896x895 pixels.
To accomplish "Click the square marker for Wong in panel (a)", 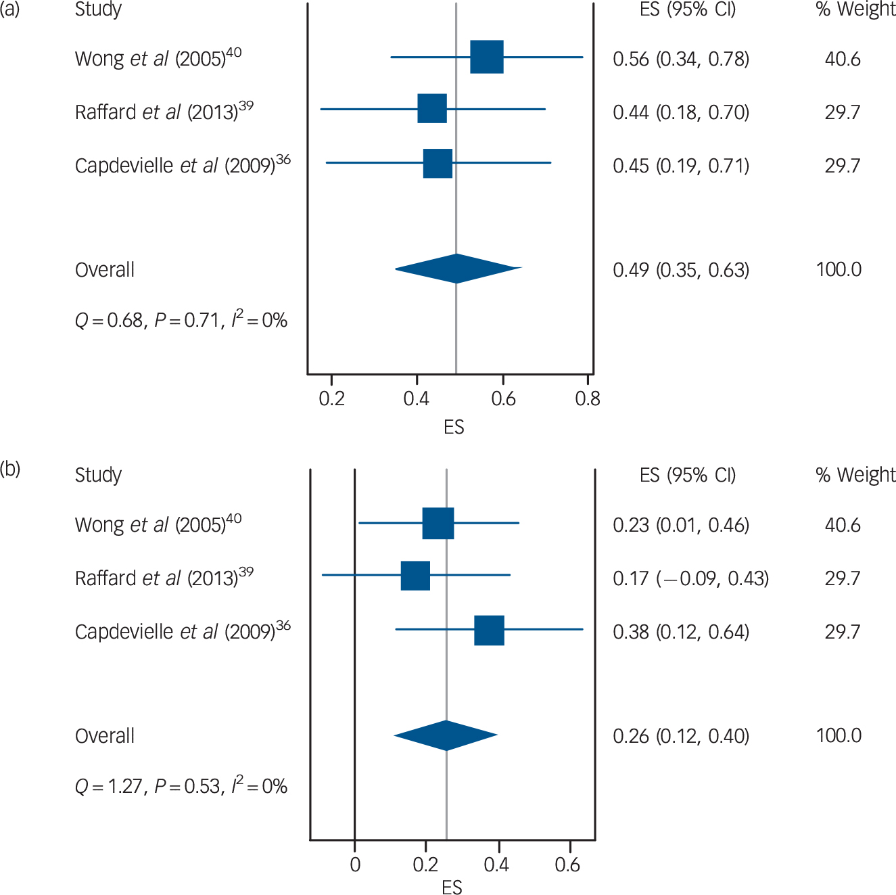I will pyautogui.click(x=487, y=57).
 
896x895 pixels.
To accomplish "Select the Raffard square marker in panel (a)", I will pyautogui.click(x=432, y=109).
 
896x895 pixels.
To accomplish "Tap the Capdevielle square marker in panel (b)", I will pyautogui.click(x=489, y=630).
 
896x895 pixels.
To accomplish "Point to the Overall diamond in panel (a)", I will pyautogui.click(x=458, y=269).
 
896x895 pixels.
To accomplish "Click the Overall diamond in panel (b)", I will pyautogui.click(x=446, y=735).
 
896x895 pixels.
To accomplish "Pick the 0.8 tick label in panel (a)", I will pyautogui.click(x=587, y=398).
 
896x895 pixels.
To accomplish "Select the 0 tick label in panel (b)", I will pyautogui.click(x=355, y=865).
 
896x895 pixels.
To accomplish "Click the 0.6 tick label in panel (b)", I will pyautogui.click(x=567, y=865).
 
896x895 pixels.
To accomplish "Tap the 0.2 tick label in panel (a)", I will pyautogui.click(x=331, y=398).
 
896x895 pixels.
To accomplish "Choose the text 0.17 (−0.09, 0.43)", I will pyautogui.click(x=690, y=578).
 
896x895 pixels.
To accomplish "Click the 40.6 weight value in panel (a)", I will pyautogui.click(x=842, y=59).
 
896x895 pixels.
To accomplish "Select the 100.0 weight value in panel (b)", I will pyautogui.click(x=839, y=735).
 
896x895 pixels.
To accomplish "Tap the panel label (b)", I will pyautogui.click(x=10, y=469).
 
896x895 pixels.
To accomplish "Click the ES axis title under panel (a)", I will pyautogui.click(x=454, y=427).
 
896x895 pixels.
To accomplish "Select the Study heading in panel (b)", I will pyautogui.click(x=98, y=475).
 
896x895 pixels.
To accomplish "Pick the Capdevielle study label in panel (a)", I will pyautogui.click(x=183, y=164).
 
